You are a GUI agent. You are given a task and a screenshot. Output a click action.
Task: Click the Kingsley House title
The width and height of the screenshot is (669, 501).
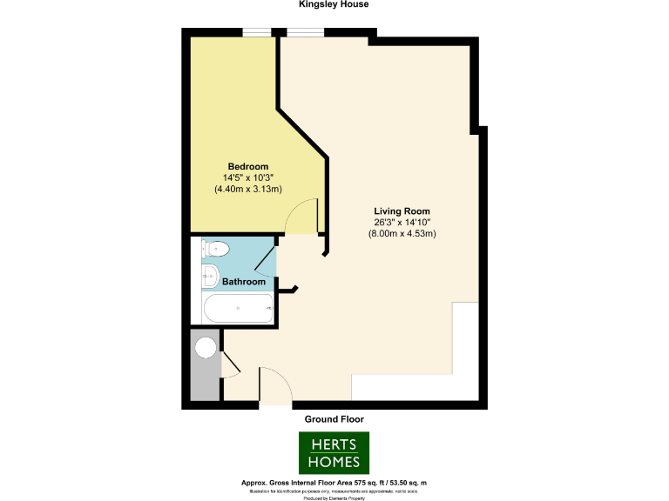(x=334, y=4)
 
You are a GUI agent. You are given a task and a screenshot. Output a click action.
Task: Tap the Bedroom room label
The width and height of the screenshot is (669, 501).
(x=247, y=166)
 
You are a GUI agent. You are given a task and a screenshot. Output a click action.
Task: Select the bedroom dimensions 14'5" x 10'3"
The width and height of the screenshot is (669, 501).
(x=247, y=177)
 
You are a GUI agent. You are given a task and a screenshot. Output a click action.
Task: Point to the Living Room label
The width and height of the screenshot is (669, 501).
(x=402, y=211)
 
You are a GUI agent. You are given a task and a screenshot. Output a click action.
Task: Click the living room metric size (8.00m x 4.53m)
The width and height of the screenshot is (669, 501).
(x=402, y=233)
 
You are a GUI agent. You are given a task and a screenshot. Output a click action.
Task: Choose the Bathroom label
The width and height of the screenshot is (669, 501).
(x=244, y=282)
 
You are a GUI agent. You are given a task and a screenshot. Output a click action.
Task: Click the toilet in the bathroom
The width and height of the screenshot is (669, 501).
(x=215, y=250)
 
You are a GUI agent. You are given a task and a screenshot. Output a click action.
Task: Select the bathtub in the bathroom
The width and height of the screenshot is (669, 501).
(x=238, y=308)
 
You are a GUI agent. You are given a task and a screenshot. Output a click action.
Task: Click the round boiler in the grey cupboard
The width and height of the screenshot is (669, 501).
(x=206, y=348)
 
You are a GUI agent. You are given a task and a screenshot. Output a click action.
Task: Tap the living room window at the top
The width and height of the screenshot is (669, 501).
(x=305, y=33)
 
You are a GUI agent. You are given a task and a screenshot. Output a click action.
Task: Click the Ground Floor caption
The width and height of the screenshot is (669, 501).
(x=334, y=419)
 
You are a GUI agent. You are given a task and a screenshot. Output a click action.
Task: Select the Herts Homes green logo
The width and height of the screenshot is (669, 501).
(x=334, y=452)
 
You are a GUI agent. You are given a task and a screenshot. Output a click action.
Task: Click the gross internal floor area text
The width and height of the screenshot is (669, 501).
(x=334, y=482)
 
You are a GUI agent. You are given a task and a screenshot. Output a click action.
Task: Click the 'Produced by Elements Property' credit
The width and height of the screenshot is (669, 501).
(x=334, y=498)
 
